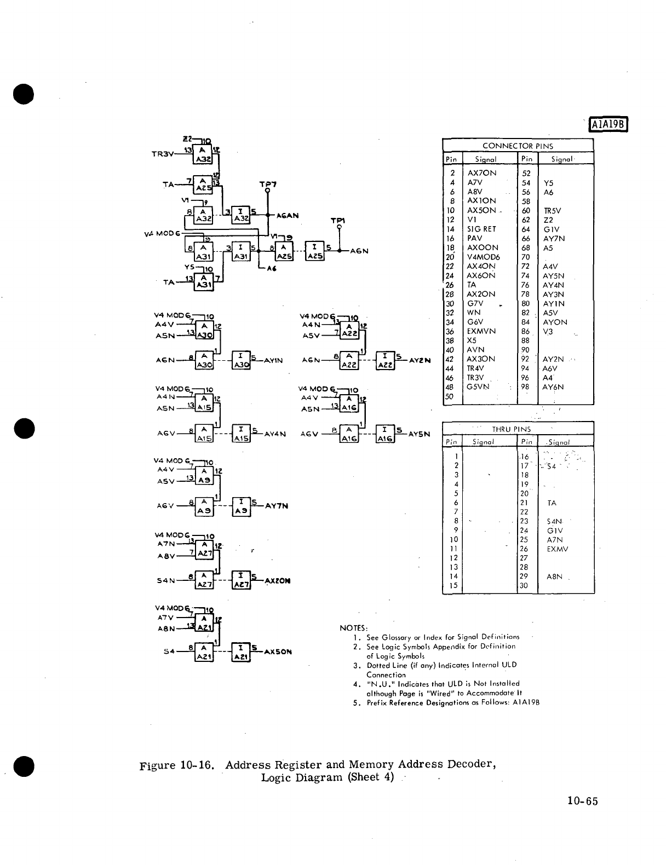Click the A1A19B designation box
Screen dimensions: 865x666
pos(608,125)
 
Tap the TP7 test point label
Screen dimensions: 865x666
pos(268,184)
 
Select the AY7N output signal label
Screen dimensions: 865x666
pos(277,506)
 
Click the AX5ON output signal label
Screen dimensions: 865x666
pos(278,652)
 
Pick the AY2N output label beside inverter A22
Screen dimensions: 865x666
pos(420,360)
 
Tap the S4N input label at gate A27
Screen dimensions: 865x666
pos(165,580)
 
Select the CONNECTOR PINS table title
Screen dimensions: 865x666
pos(518,146)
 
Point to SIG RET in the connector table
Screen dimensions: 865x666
pos(481,229)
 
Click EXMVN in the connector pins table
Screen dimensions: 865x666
pos(481,331)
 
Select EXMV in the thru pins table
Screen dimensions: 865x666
pos(558,549)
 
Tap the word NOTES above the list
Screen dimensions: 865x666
pos(354,627)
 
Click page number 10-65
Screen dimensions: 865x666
pos(582,801)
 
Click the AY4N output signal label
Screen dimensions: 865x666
pos(275,434)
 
